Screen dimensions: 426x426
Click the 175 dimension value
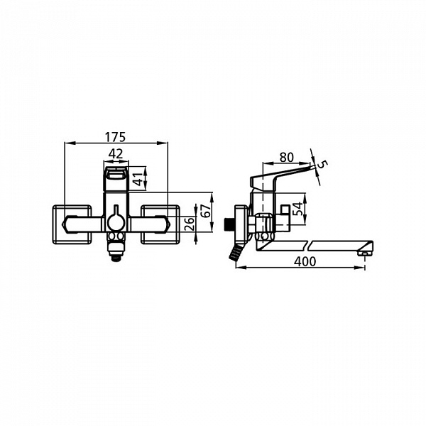[x=116, y=137]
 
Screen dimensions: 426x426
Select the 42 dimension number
[x=116, y=154]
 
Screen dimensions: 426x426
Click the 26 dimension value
[x=190, y=224]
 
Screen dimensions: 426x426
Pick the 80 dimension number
[x=287, y=158]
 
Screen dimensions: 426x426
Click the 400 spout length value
[x=305, y=261]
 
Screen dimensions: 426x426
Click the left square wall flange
[x=72, y=224]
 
